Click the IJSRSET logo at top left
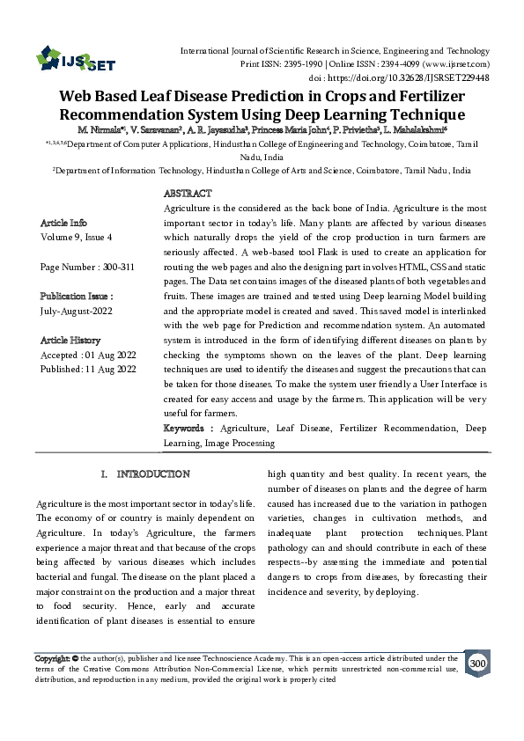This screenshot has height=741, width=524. tap(71, 60)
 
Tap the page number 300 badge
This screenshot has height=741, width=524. tap(478, 663)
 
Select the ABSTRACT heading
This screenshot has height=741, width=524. tap(188, 193)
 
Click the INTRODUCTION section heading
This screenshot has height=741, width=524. tap(146, 473)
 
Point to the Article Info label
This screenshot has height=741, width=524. tap(64, 224)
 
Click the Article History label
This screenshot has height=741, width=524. tap(70, 340)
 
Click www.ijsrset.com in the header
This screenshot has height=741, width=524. tap(459, 64)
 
